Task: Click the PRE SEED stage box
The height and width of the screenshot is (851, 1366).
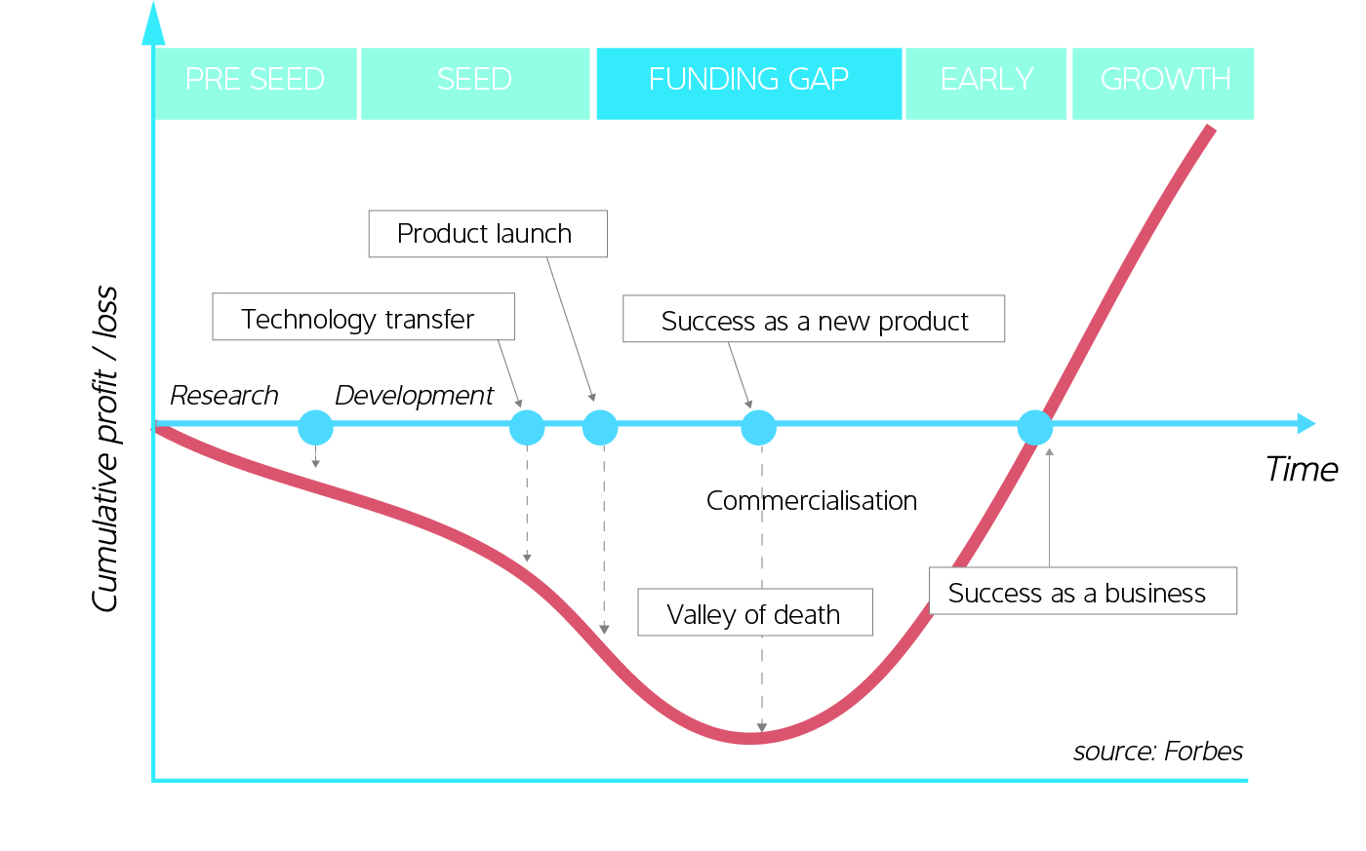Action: (x=255, y=83)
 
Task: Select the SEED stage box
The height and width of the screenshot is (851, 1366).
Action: (x=475, y=83)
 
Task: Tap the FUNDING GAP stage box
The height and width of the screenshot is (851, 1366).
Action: (x=748, y=83)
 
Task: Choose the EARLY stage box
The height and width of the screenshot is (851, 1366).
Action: (x=985, y=83)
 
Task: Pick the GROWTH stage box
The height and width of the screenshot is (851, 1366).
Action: (x=1163, y=83)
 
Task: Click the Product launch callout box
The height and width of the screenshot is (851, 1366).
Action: (x=487, y=234)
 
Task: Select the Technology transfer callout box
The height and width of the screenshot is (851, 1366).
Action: (x=363, y=317)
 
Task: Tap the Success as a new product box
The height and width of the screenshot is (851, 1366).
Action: (x=813, y=319)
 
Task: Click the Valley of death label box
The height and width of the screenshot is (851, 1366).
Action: (x=754, y=612)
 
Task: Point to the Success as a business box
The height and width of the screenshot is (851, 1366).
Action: (x=1081, y=591)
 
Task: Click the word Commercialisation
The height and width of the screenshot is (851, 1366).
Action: (x=811, y=500)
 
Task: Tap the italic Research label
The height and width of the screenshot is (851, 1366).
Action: (x=223, y=395)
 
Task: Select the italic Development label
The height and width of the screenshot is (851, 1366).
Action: (x=414, y=395)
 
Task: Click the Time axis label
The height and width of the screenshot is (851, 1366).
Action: (x=1301, y=469)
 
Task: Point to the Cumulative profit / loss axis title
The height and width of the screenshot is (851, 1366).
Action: (x=104, y=448)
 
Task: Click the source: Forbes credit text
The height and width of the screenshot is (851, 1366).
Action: (x=1157, y=751)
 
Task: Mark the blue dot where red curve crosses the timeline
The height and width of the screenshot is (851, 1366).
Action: (x=1034, y=427)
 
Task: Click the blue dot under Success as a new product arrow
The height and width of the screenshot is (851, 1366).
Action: (x=758, y=427)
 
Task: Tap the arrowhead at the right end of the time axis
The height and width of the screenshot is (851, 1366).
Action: (x=1306, y=424)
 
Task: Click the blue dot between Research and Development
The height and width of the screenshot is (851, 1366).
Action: (x=315, y=427)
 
